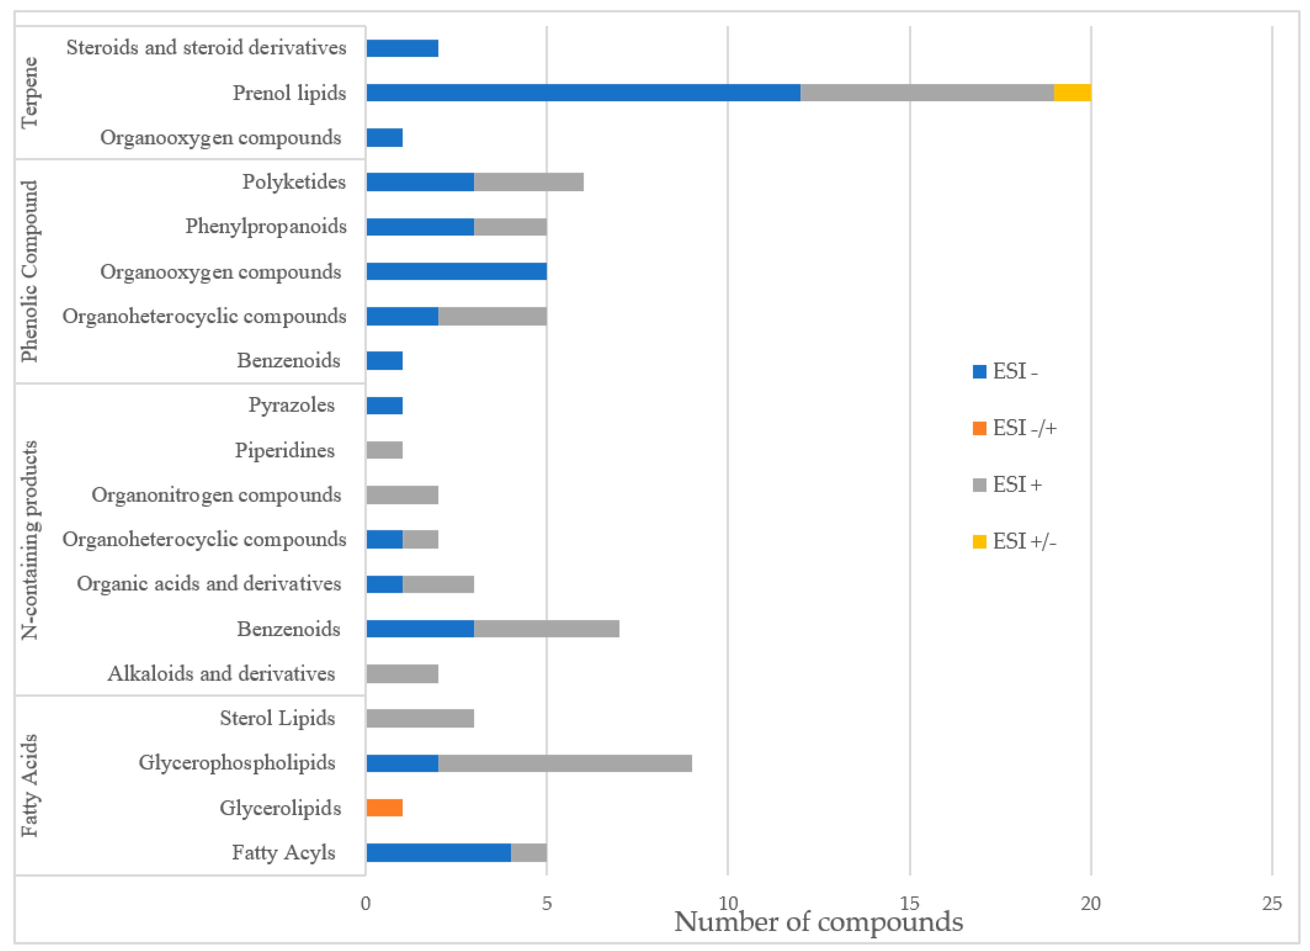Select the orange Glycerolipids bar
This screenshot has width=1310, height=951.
point(384,808)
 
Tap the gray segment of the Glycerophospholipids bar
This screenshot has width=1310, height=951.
point(565,763)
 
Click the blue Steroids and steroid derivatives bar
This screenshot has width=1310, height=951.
point(402,48)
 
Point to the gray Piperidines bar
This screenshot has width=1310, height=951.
point(384,450)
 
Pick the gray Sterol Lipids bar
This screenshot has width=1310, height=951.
point(420,718)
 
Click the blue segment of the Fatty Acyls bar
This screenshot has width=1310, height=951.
point(439,853)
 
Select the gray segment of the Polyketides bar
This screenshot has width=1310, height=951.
point(528,182)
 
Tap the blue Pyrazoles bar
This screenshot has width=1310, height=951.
point(384,405)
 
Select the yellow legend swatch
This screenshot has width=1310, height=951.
point(980,541)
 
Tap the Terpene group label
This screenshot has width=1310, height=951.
point(29,92)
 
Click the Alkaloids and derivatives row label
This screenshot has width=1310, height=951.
point(221,674)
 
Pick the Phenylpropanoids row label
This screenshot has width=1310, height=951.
point(266,226)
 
